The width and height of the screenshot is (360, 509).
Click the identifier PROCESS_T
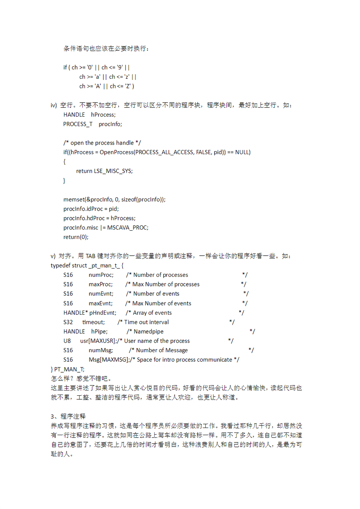tap(78, 124)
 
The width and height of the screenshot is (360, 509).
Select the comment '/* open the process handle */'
tap(102, 143)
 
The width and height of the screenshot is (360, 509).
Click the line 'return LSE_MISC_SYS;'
tap(104, 171)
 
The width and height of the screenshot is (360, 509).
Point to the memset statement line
tap(114, 200)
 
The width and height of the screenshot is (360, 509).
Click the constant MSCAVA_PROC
tap(128, 228)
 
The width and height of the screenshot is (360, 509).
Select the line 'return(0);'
tap(76, 237)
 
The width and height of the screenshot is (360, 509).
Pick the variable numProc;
tap(101, 275)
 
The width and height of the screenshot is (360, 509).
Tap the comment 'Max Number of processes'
tap(166, 284)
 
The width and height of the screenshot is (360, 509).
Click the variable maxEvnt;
tap(100, 303)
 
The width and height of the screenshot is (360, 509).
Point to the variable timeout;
tap(94, 322)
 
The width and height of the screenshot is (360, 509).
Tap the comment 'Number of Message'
tap(162, 350)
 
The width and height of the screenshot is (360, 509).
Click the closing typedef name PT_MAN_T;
tap(69, 369)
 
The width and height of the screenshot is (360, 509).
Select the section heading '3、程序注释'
tap(68, 416)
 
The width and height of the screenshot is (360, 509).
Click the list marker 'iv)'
tap(54, 105)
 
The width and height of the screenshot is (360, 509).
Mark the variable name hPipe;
tap(99, 332)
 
